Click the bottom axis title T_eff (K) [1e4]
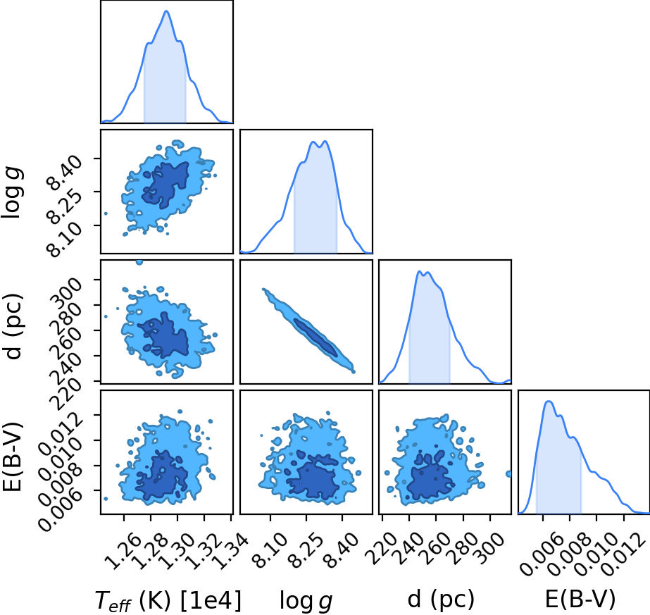[x=168, y=600]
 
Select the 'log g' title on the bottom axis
[x=306, y=601]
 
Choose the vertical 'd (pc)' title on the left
[x=13, y=327]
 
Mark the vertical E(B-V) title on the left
[x=12, y=456]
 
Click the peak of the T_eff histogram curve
[x=167, y=11]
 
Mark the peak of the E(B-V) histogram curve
[x=549, y=401]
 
